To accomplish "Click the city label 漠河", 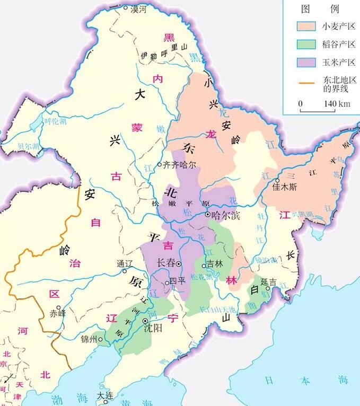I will [138, 9].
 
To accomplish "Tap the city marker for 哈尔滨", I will [208, 215].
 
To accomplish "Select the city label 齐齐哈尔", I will [180, 164].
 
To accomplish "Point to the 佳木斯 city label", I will [285, 188].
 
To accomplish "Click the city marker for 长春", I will [179, 263].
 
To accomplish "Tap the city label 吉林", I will [215, 263].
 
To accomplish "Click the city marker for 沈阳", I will [145, 321].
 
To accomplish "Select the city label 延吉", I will [269, 282].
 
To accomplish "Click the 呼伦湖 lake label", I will [55, 121].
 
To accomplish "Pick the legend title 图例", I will [320, 9].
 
